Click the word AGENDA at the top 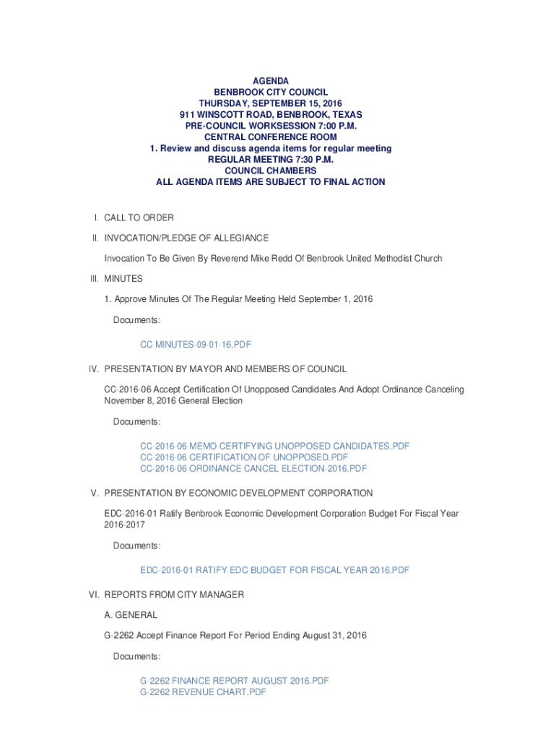coord(271,81)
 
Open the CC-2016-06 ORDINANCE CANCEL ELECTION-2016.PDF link coord(253,468)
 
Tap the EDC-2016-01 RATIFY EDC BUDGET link coord(274,570)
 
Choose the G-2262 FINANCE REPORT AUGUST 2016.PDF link coord(234,681)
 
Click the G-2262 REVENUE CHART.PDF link coord(203,692)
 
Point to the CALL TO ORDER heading coord(139,218)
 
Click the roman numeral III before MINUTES coord(93,279)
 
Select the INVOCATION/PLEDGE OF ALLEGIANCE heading coord(186,238)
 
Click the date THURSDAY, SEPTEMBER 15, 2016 coord(271,103)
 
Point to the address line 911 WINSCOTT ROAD coord(271,115)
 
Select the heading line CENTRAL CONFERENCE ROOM coord(271,137)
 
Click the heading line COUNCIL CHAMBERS coord(271,171)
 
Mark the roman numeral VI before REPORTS coord(93,595)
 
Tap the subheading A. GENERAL coord(131,615)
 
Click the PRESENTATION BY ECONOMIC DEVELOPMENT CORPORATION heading coord(238,493)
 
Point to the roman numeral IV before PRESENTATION coord(93,369)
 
